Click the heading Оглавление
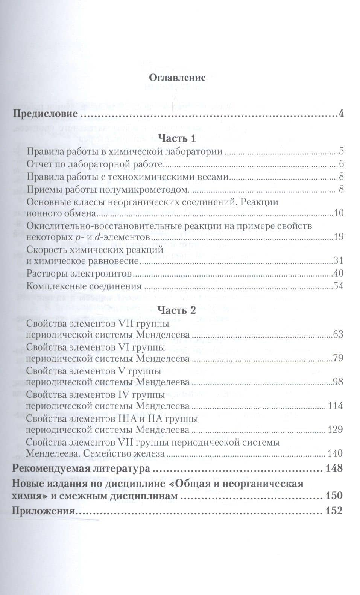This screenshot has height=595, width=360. point(177,78)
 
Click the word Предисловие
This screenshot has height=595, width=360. point(45,113)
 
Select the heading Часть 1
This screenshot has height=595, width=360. point(177,138)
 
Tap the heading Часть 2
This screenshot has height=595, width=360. point(177,310)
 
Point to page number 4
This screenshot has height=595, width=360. point(341,113)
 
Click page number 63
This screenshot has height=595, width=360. point(338,334)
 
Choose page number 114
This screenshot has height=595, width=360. point(336,406)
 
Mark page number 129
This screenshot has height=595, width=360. point(336,429)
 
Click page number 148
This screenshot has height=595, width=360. point(334,468)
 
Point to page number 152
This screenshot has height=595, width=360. point(334,511)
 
